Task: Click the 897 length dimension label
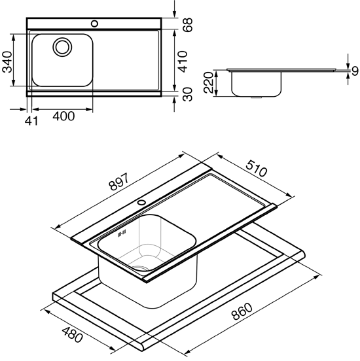click(x=119, y=182)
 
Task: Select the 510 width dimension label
click(x=256, y=169)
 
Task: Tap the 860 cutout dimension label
click(x=242, y=311)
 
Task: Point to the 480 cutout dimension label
click(x=72, y=335)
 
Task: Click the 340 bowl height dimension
click(x=7, y=62)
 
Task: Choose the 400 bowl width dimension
click(x=63, y=116)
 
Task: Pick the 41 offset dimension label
click(x=31, y=120)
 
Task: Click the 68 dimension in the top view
click(x=187, y=25)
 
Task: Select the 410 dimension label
click(x=183, y=61)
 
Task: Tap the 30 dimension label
click(x=187, y=94)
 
